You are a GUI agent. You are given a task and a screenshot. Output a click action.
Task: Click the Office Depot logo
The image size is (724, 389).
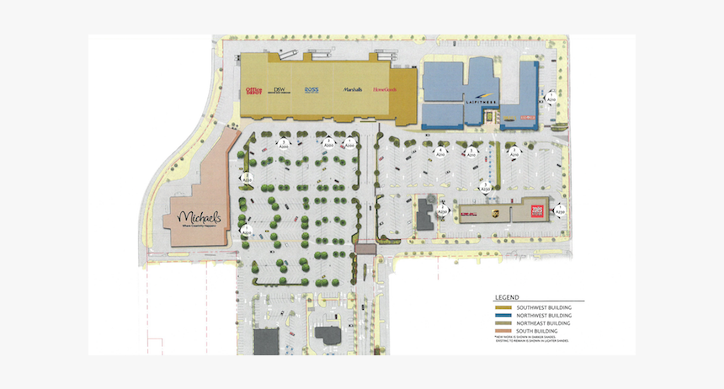(x=253, y=89)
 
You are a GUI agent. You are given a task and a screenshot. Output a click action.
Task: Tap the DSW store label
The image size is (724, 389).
(x=280, y=89)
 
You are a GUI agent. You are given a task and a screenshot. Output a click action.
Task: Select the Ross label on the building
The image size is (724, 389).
(x=311, y=89)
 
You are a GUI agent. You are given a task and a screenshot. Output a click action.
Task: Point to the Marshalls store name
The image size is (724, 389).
(x=352, y=89)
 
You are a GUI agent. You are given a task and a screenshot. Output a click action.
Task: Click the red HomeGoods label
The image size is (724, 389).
(x=383, y=89)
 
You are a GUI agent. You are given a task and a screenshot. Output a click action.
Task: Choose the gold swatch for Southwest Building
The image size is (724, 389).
(x=500, y=308)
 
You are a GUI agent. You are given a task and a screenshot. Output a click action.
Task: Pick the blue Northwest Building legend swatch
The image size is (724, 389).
(x=500, y=316)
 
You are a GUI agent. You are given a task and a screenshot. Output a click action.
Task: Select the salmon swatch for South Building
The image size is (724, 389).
(x=500, y=331)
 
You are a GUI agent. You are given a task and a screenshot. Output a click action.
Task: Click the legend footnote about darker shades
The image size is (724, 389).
(x=534, y=339)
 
